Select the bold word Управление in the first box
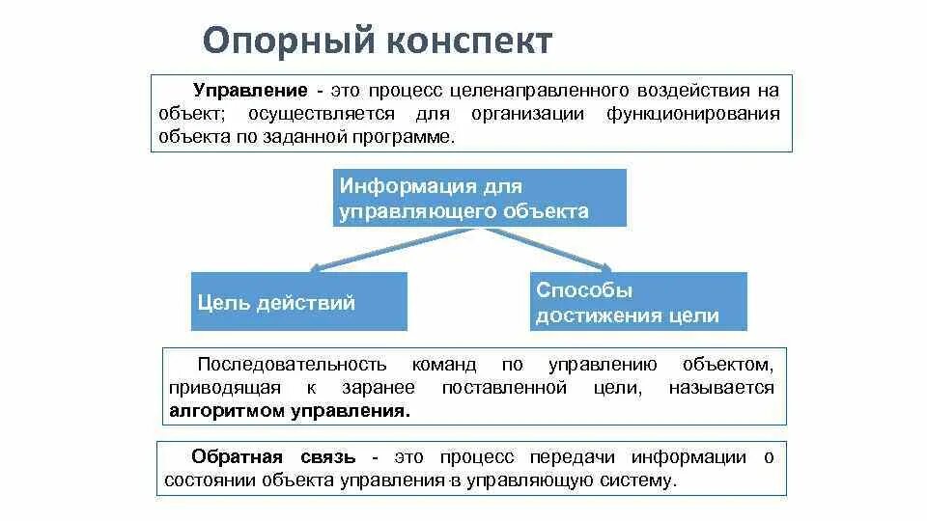(251, 91)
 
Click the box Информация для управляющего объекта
(480, 198)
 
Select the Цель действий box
(298, 302)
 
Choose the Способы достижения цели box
(638, 302)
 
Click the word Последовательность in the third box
(292, 365)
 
